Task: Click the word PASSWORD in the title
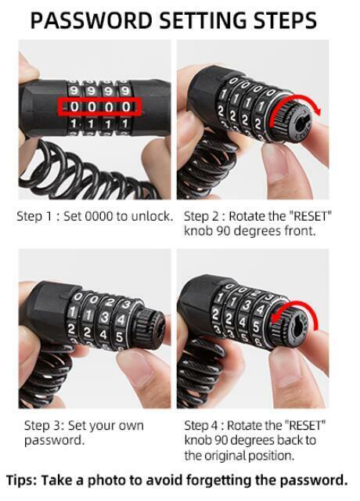[x=91, y=20]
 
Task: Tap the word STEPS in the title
[x=284, y=20]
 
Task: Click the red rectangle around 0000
[x=99, y=106]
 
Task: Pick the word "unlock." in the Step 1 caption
[x=152, y=216]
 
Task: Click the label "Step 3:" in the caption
[x=45, y=426]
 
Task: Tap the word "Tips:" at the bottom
[x=21, y=480]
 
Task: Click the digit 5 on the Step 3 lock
[x=119, y=337]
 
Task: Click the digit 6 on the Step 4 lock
[x=258, y=342]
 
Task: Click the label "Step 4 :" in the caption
[x=204, y=426]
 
